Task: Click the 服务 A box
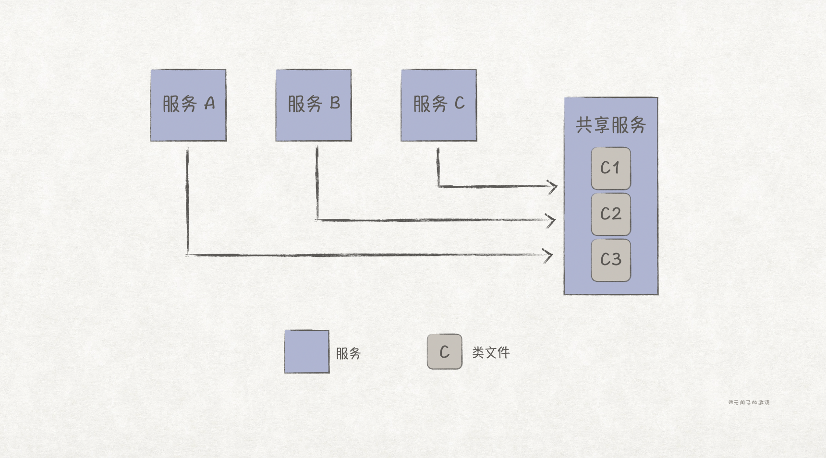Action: point(188,105)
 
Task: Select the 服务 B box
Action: point(314,105)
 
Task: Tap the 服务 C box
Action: point(439,105)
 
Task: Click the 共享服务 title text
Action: point(610,125)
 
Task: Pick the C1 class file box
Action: point(611,168)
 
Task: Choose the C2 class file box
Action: point(611,214)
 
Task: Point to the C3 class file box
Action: point(611,260)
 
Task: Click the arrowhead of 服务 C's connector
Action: point(554,187)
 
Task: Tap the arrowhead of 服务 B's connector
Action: point(552,221)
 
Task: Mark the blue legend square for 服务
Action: point(307,351)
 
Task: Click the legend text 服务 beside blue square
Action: point(348,354)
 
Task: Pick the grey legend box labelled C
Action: point(445,352)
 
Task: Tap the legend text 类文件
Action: point(491,353)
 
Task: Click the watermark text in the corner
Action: point(749,402)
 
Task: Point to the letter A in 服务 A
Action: point(209,103)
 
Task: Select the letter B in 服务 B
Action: point(335,103)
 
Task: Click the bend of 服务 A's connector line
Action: point(187,254)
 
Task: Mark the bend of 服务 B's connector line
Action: point(317,219)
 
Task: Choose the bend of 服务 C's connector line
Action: point(438,186)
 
